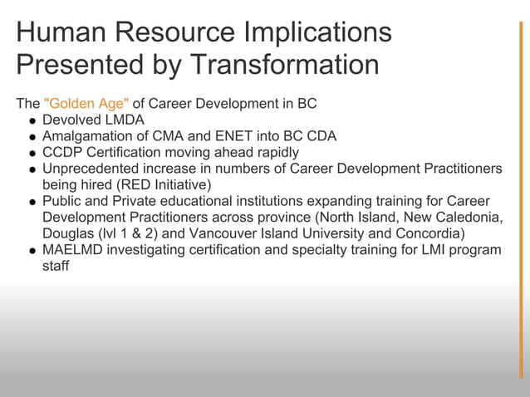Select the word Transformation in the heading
coord(285,65)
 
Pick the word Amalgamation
coord(86,136)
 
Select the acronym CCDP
coord(63,153)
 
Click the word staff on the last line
coord(56,266)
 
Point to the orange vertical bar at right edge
coord(521,199)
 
